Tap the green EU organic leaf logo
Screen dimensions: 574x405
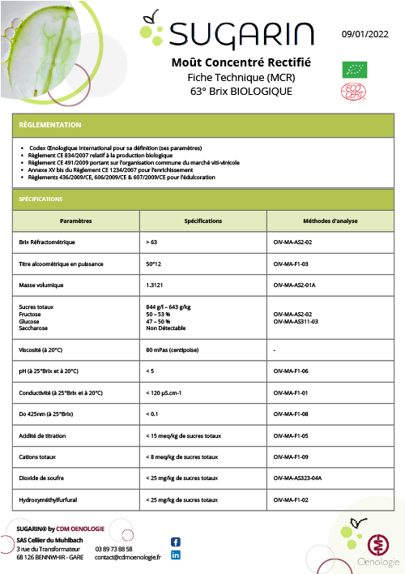pyautogui.click(x=354, y=69)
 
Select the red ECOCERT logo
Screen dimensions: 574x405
pyautogui.click(x=354, y=92)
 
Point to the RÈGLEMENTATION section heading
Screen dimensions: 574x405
pyautogui.click(x=49, y=126)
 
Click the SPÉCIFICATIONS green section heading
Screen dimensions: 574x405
pyautogui.click(x=40, y=199)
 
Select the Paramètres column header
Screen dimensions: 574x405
pyautogui.click(x=75, y=221)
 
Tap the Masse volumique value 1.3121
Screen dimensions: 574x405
pyautogui.click(x=157, y=285)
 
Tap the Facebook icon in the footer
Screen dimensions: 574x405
pyautogui.click(x=176, y=542)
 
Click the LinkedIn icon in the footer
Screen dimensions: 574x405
pyautogui.click(x=176, y=555)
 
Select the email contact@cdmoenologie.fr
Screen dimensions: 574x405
pyautogui.click(x=128, y=557)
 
